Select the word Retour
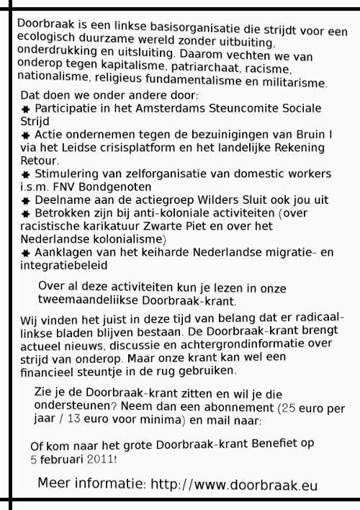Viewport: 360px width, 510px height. (x=37, y=161)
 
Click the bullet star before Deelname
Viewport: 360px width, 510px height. (x=25, y=201)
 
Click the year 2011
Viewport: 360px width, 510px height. (x=99, y=458)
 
